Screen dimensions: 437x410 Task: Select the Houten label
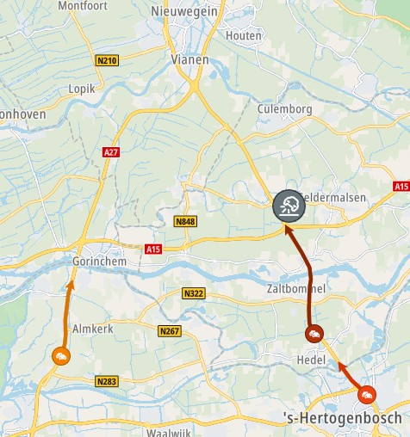click(x=242, y=35)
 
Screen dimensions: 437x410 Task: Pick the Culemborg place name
click(x=284, y=109)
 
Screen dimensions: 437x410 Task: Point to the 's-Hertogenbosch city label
click(x=343, y=418)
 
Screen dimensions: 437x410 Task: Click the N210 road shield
click(x=108, y=60)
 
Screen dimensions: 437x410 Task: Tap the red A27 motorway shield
click(x=110, y=152)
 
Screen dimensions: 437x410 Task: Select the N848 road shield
click(x=185, y=222)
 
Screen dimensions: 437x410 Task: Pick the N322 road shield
click(x=194, y=294)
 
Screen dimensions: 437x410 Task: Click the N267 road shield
click(x=170, y=331)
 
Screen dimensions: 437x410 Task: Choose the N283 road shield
click(x=107, y=381)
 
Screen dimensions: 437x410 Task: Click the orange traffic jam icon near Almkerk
click(x=60, y=356)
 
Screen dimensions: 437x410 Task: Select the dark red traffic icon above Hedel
click(x=314, y=334)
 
